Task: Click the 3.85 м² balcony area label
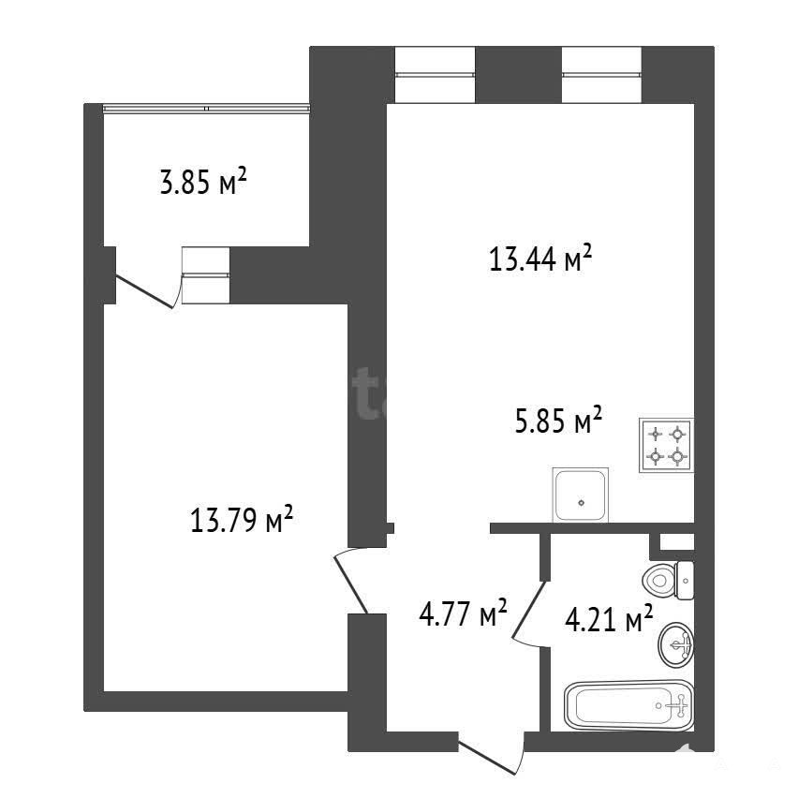click(x=203, y=183)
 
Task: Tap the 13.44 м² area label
click(x=540, y=259)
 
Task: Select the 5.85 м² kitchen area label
click(x=558, y=421)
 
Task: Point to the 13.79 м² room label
click(x=242, y=519)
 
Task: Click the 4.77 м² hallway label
click(x=463, y=613)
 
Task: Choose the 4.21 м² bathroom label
click(x=609, y=618)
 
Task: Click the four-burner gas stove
click(x=666, y=446)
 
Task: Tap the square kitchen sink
click(x=580, y=495)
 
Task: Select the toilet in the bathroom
click(x=668, y=580)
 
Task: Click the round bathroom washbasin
click(x=676, y=644)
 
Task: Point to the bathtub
click(x=629, y=705)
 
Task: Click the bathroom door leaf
click(x=528, y=609)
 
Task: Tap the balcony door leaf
click(x=145, y=292)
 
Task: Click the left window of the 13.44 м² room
click(x=436, y=75)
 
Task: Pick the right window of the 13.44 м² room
click(x=601, y=75)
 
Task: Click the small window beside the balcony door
click(x=206, y=275)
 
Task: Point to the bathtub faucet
click(x=678, y=706)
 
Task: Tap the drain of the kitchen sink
click(x=582, y=503)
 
